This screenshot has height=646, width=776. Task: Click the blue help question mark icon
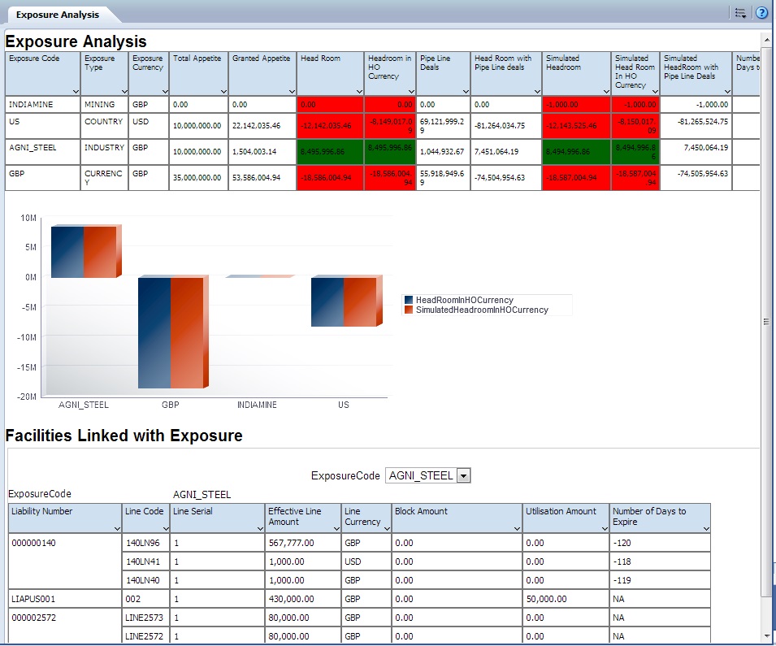coord(761,13)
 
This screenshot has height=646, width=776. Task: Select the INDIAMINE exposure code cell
coord(28,105)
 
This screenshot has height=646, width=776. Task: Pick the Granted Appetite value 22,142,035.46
coord(256,126)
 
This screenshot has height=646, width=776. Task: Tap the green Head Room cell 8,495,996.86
coord(331,152)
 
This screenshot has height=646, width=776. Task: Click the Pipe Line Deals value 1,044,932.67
coord(442,152)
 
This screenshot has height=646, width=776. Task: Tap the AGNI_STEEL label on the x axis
coord(84,405)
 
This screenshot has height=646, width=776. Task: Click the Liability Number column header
coord(41,511)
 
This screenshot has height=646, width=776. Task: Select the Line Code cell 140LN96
coord(142,543)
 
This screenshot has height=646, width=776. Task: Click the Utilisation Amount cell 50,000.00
coord(547,598)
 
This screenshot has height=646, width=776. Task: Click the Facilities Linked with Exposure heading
coord(124,436)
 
